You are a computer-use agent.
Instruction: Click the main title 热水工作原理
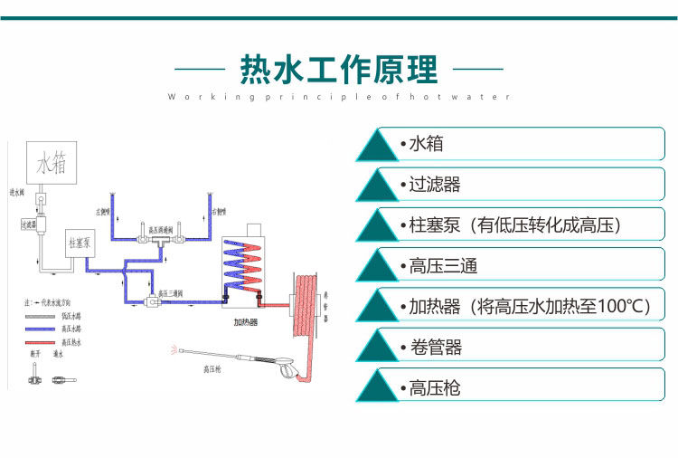point(338,69)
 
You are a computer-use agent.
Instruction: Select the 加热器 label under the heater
point(245,321)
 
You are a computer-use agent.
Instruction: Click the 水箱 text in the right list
point(426,144)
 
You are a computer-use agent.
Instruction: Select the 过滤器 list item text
point(434,185)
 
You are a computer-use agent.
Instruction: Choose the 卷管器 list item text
point(434,347)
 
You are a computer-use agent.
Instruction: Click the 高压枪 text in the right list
point(434,388)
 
